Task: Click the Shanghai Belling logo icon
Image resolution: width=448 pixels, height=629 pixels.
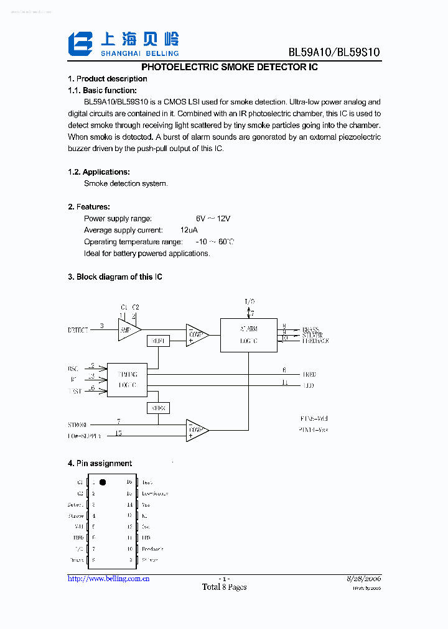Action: tap(80, 44)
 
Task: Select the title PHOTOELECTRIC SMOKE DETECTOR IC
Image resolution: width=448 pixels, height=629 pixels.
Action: tap(230, 67)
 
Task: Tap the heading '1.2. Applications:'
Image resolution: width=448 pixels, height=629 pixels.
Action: tap(98, 172)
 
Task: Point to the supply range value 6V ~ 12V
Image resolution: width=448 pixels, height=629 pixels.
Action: tap(213, 219)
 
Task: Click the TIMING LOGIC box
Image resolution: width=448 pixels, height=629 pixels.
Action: tap(127, 380)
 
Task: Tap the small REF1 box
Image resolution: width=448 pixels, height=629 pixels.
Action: tap(158, 341)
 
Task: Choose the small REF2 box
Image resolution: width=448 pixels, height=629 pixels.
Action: tap(158, 408)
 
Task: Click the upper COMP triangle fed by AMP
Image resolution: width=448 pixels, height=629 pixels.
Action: tap(197, 334)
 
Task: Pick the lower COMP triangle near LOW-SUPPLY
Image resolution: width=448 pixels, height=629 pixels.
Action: tap(197, 429)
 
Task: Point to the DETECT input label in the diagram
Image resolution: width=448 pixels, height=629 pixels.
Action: tap(78, 330)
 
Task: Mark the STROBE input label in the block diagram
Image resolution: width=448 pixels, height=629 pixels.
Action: tap(78, 425)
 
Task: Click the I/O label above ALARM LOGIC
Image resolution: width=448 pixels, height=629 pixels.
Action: tap(249, 301)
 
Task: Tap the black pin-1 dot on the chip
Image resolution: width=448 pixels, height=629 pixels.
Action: tap(103, 482)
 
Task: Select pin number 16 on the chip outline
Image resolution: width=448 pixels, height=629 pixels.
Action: tap(129, 482)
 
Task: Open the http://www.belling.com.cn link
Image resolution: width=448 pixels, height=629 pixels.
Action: tap(108, 579)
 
